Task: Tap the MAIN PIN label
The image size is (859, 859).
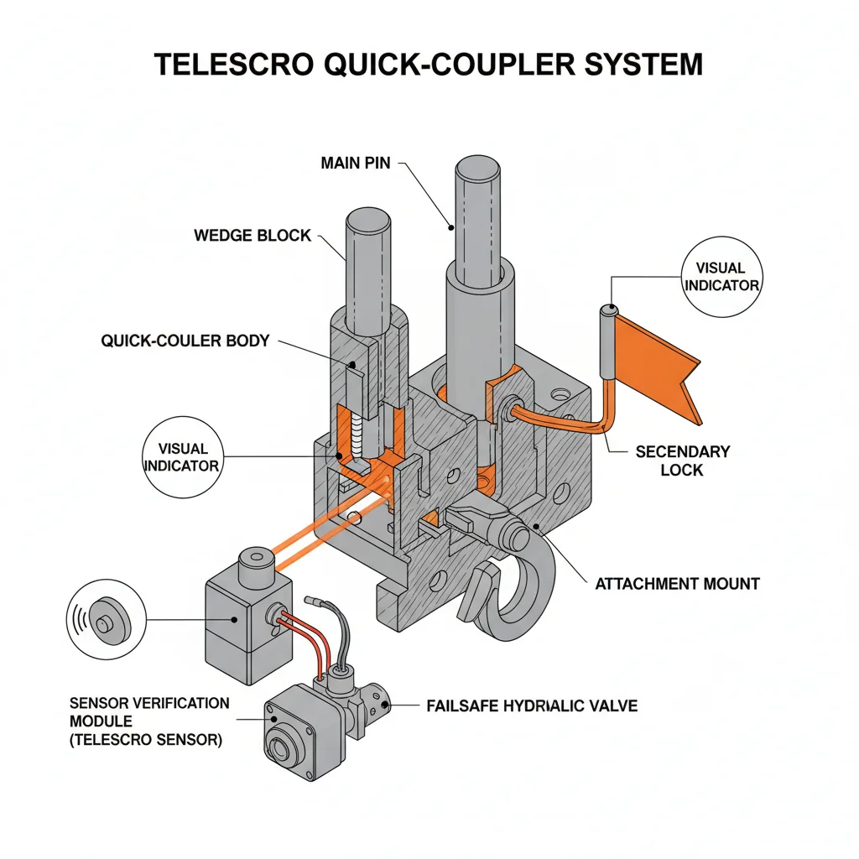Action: tap(355, 163)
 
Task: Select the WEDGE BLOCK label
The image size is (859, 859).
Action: tap(252, 236)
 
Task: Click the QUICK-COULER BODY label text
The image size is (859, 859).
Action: tap(185, 341)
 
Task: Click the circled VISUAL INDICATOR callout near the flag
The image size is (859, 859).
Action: tap(721, 277)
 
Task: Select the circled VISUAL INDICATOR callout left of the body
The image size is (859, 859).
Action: tap(181, 456)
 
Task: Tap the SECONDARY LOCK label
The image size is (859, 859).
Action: tap(682, 461)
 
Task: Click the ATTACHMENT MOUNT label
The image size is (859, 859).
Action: tap(677, 583)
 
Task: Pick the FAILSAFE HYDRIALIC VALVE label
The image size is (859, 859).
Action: tap(532, 705)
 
